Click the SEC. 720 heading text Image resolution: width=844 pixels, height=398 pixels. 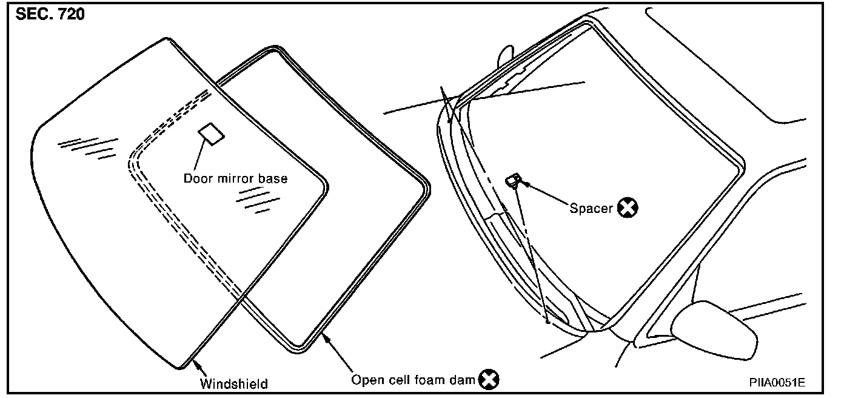point(50,14)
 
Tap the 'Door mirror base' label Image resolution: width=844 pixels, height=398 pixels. point(235,178)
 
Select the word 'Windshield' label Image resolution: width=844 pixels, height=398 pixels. point(234,383)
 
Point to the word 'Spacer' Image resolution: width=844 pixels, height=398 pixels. point(591,208)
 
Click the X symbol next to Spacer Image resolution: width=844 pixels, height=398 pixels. point(628,208)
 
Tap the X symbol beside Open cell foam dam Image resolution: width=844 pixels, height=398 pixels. point(489,380)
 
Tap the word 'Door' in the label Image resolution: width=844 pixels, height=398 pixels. point(196,178)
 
